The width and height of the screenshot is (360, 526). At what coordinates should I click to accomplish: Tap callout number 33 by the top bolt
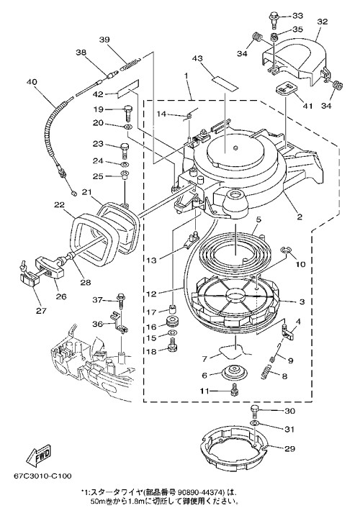pyautogui.click(x=297, y=16)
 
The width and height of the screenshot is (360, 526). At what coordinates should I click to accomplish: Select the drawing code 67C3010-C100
pyautogui.click(x=42, y=476)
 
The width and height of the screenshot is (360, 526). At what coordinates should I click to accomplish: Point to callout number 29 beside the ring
pyautogui.click(x=289, y=448)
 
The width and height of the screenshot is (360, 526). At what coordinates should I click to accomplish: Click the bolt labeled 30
pyautogui.click(x=255, y=411)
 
